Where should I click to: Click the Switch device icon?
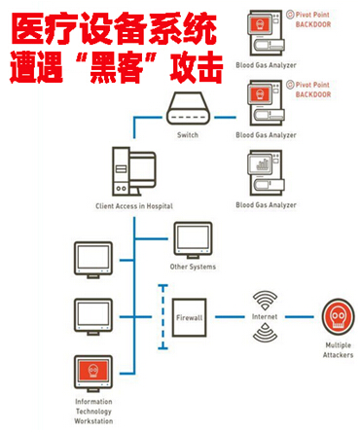[188, 110]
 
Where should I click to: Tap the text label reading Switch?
[188, 135]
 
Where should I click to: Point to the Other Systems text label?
[192, 267]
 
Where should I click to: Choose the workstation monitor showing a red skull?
[93, 372]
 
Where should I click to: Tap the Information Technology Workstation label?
[93, 410]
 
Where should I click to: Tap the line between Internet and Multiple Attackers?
[298, 317]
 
